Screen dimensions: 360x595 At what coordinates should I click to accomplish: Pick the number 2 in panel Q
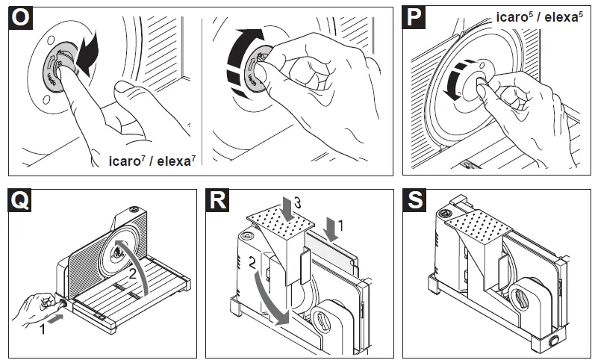(132, 274)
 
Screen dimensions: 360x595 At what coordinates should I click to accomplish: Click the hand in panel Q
(34, 306)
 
